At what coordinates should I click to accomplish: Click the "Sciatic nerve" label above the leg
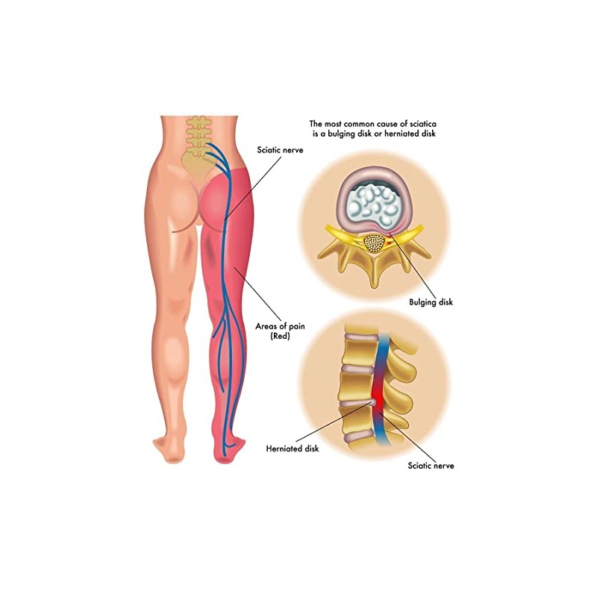281,150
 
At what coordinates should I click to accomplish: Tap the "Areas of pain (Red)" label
280,331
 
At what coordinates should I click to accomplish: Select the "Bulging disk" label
431,302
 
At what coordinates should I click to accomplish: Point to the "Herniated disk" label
293,448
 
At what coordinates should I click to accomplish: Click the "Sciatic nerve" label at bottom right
431,465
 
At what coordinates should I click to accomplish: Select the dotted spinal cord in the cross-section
372,243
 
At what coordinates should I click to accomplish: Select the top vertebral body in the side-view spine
357,352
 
